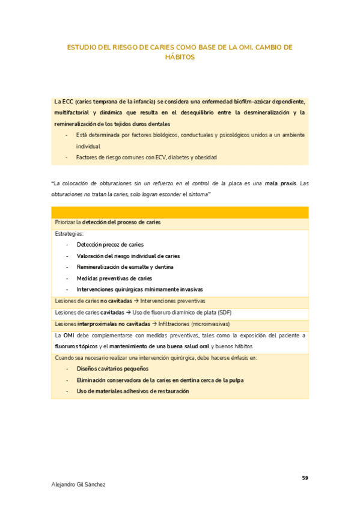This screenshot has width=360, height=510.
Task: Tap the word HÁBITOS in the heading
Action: (x=180, y=57)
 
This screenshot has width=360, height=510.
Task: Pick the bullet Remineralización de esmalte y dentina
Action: (x=125, y=266)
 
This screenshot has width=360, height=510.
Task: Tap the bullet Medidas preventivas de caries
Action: (x=114, y=278)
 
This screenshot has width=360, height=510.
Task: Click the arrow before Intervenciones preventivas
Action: (x=136, y=300)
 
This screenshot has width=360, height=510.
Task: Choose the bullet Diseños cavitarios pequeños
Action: (x=112, y=369)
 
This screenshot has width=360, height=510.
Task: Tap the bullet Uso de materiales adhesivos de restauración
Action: (x=132, y=391)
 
